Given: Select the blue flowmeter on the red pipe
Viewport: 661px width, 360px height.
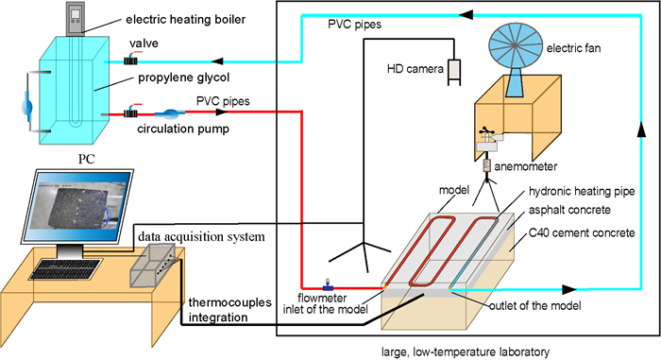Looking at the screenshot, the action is point(328,285).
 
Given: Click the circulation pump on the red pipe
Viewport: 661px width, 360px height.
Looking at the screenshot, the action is point(169,113).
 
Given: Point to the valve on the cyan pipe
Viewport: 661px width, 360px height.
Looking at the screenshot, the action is point(130,60).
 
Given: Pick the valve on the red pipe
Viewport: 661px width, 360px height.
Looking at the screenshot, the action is point(130,112).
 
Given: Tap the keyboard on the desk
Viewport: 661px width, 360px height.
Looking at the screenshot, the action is point(66,269).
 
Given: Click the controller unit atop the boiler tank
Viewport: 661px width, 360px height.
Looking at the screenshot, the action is point(76,19).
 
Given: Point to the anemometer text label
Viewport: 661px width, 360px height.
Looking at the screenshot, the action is point(526,166).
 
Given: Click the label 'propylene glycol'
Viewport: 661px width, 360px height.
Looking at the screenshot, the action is point(184,77).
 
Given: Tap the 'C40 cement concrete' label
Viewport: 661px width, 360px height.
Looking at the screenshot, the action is point(582,233).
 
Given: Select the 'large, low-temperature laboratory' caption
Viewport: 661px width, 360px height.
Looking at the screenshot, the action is point(466,351).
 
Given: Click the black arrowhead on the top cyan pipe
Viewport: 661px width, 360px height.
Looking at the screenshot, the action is point(466,15).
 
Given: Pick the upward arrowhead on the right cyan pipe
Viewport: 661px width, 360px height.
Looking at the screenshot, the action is point(641,129).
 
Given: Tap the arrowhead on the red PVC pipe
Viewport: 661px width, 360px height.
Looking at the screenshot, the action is point(222,112).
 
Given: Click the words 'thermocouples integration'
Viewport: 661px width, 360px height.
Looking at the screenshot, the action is point(229,310).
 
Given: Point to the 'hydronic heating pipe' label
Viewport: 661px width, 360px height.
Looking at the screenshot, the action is point(582,192).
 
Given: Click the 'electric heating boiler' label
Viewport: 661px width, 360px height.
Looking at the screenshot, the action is point(185,20).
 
